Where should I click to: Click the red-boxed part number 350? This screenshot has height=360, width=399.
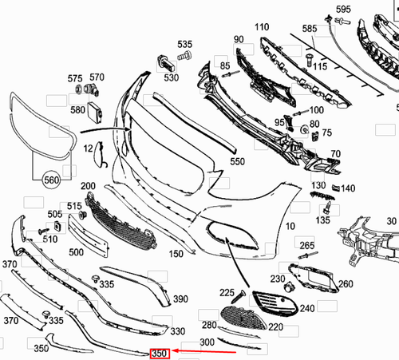(x=160, y=352)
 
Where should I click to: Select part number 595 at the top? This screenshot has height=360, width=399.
(x=343, y=10)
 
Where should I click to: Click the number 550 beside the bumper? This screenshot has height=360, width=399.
(x=238, y=161)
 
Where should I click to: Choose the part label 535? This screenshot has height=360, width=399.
(x=184, y=44)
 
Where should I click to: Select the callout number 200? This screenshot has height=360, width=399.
(x=88, y=186)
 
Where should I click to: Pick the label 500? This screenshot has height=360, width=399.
(x=76, y=252)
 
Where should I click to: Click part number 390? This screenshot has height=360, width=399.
(x=180, y=299)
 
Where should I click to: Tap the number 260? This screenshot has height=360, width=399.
(x=346, y=283)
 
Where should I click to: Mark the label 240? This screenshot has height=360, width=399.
(x=306, y=307)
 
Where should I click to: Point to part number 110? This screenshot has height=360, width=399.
(x=262, y=27)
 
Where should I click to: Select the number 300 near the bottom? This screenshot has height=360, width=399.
(x=207, y=342)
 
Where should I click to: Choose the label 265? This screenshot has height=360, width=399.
(x=306, y=244)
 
